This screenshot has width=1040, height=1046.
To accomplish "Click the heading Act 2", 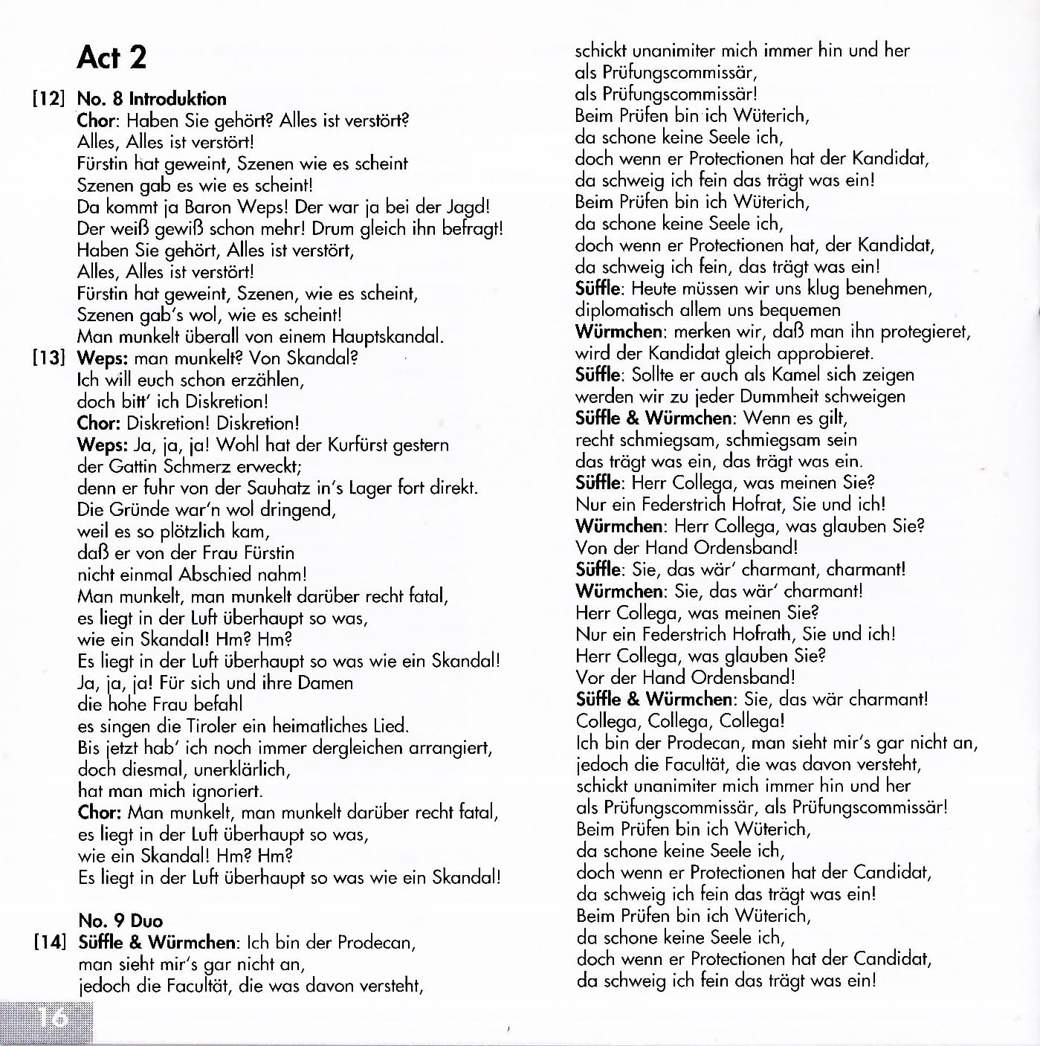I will [112, 57].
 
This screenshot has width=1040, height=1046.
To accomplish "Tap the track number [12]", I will [49, 99].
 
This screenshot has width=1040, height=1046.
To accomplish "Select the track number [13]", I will [49, 358].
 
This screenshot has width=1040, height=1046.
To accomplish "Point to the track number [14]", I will [50, 943].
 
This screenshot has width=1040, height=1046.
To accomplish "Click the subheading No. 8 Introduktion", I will [152, 99].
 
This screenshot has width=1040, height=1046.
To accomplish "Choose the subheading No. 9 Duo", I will [120, 920].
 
